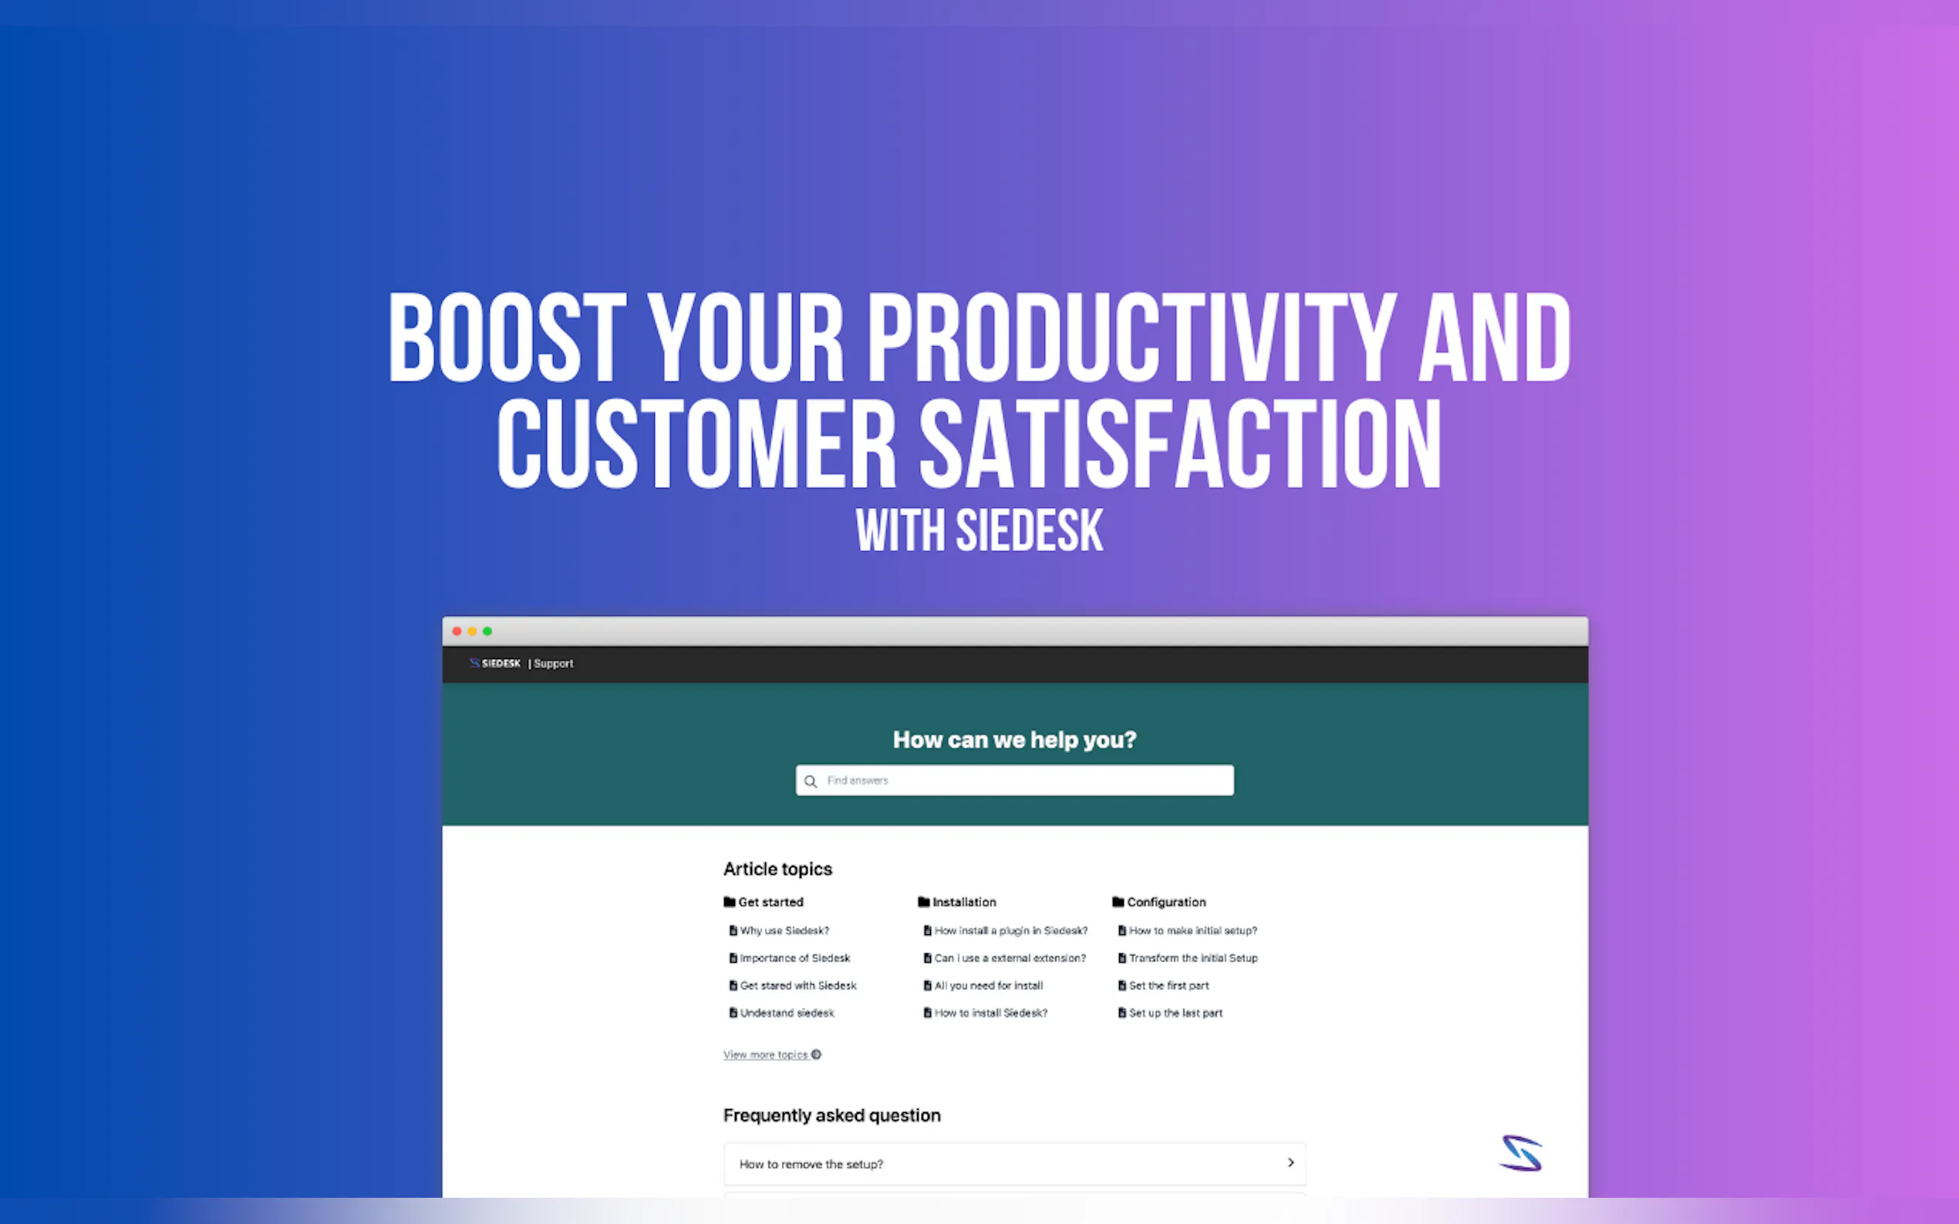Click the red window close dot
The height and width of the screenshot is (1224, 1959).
457,631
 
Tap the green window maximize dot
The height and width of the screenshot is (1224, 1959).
487,631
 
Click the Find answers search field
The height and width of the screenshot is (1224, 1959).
1015,780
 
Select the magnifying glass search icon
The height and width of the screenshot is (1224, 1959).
811,782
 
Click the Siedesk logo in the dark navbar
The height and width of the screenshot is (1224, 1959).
495,663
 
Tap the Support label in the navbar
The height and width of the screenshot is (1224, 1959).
553,664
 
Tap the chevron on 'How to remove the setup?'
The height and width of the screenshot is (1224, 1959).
1291,1162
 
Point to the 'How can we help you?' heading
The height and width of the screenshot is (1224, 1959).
1015,739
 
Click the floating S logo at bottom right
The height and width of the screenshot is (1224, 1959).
1521,1154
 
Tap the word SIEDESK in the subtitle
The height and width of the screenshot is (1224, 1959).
1029,531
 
